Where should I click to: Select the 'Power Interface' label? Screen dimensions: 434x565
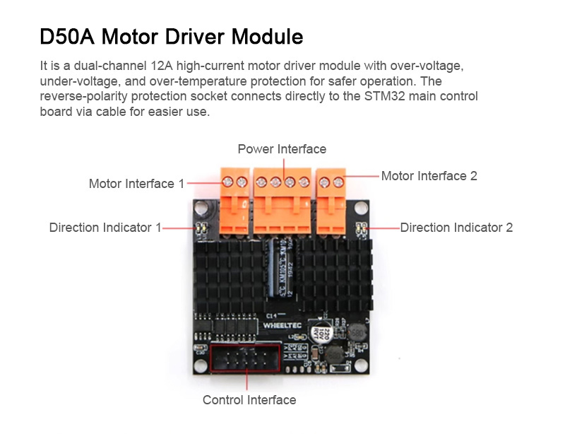pos(282,149)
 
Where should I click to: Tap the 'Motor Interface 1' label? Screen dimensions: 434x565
pos(136,184)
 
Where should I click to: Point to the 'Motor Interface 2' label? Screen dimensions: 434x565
pos(429,176)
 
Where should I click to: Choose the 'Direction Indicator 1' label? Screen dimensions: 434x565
pos(105,228)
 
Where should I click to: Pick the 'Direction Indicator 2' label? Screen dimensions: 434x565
pos(456,228)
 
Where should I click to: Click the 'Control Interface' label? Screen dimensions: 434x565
pos(249,400)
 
